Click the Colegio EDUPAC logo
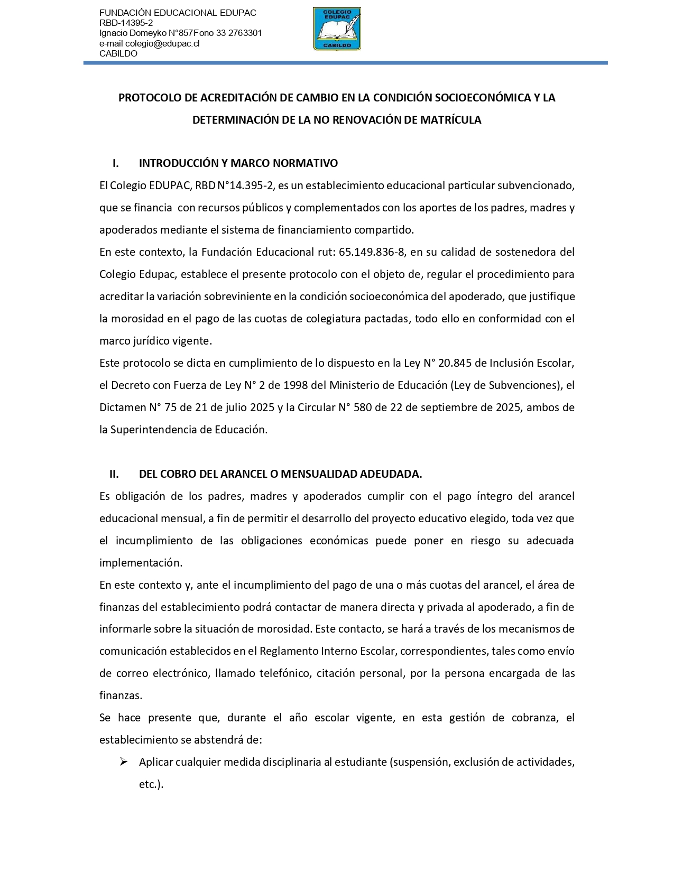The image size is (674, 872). pos(337,29)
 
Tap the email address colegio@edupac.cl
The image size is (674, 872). pos(162,43)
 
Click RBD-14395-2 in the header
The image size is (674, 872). pos(126,23)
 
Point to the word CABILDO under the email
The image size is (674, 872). pos(118,53)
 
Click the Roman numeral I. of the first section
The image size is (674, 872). pos(115,163)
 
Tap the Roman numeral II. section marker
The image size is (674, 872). pos(114,474)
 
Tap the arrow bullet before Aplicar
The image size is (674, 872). pos(124,762)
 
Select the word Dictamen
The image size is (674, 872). pos(122,407)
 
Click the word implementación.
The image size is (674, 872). pos(141,563)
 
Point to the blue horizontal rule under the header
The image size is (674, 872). pos(345,63)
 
